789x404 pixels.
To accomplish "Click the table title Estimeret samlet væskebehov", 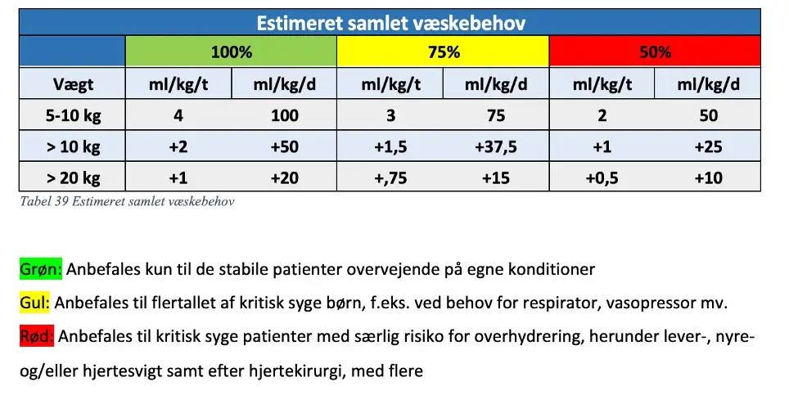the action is pos(391,23).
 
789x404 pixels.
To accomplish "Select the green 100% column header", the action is pos(231,52).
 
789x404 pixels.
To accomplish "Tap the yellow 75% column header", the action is pos(444,52).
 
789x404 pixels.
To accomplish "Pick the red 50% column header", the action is pos(655,52).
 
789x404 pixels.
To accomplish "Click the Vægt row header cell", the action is pos(73,84).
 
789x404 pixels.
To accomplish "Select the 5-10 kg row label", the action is pos(73,115).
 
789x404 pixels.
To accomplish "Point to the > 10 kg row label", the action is pos(73,146).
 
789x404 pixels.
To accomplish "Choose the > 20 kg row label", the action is pos(73,178).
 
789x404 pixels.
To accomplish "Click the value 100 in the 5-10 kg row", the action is pos(284,115).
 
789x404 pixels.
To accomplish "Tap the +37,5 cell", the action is pos(496,146).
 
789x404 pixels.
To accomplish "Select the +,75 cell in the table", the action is pos(390,178).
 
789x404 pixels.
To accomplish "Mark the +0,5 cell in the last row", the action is pos(602,178).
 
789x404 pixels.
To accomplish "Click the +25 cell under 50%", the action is pos(708,146).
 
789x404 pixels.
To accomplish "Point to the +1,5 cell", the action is pos(390,146).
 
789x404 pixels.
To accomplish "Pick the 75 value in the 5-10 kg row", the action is pos(496,115).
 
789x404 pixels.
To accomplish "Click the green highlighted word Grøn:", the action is pos(41,269).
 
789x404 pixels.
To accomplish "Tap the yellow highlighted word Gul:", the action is pos(34,303).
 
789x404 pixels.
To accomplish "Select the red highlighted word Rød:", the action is pos(37,336).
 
